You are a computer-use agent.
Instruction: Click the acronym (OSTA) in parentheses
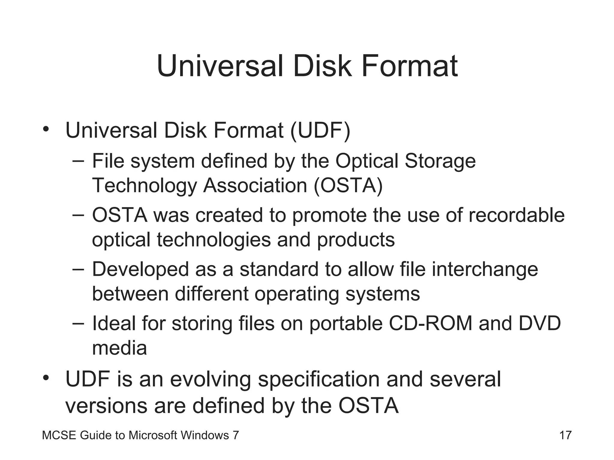348,185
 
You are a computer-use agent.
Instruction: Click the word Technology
144,186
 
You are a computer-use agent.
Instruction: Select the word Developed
140,270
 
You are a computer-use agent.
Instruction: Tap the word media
119,348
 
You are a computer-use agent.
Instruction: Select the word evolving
210,379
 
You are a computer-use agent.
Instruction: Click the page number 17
565,435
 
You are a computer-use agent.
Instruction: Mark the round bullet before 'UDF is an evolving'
46,378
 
